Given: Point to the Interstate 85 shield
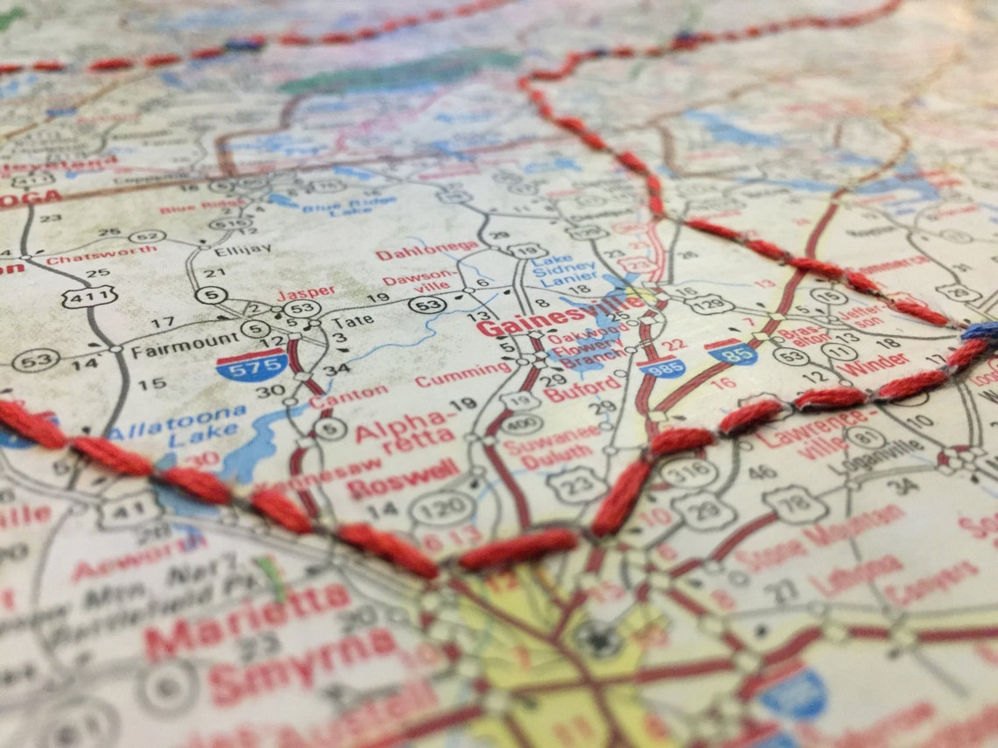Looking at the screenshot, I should (734, 352).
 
